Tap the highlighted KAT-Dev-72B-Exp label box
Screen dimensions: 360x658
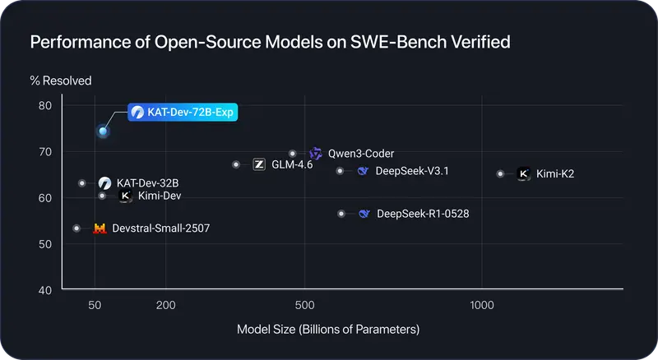point(183,112)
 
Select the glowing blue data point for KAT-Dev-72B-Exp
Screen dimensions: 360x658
point(103,131)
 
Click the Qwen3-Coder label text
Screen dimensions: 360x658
point(360,154)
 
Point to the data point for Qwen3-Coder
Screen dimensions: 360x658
point(293,154)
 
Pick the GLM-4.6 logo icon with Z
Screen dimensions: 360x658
point(259,164)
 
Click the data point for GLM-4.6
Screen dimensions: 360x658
point(236,164)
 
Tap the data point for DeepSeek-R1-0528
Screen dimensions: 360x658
point(341,214)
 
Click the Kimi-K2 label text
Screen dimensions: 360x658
point(555,174)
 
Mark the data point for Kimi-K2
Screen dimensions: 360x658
point(500,174)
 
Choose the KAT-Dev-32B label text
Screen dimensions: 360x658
point(147,182)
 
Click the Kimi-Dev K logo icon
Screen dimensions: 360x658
point(125,196)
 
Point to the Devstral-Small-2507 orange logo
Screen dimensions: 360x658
point(100,228)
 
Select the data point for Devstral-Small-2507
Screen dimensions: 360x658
point(76,228)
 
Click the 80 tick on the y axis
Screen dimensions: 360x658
point(44,105)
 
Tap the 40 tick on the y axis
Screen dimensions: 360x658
point(44,290)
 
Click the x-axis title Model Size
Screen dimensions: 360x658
point(328,330)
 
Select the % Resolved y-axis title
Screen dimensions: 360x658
point(62,81)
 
